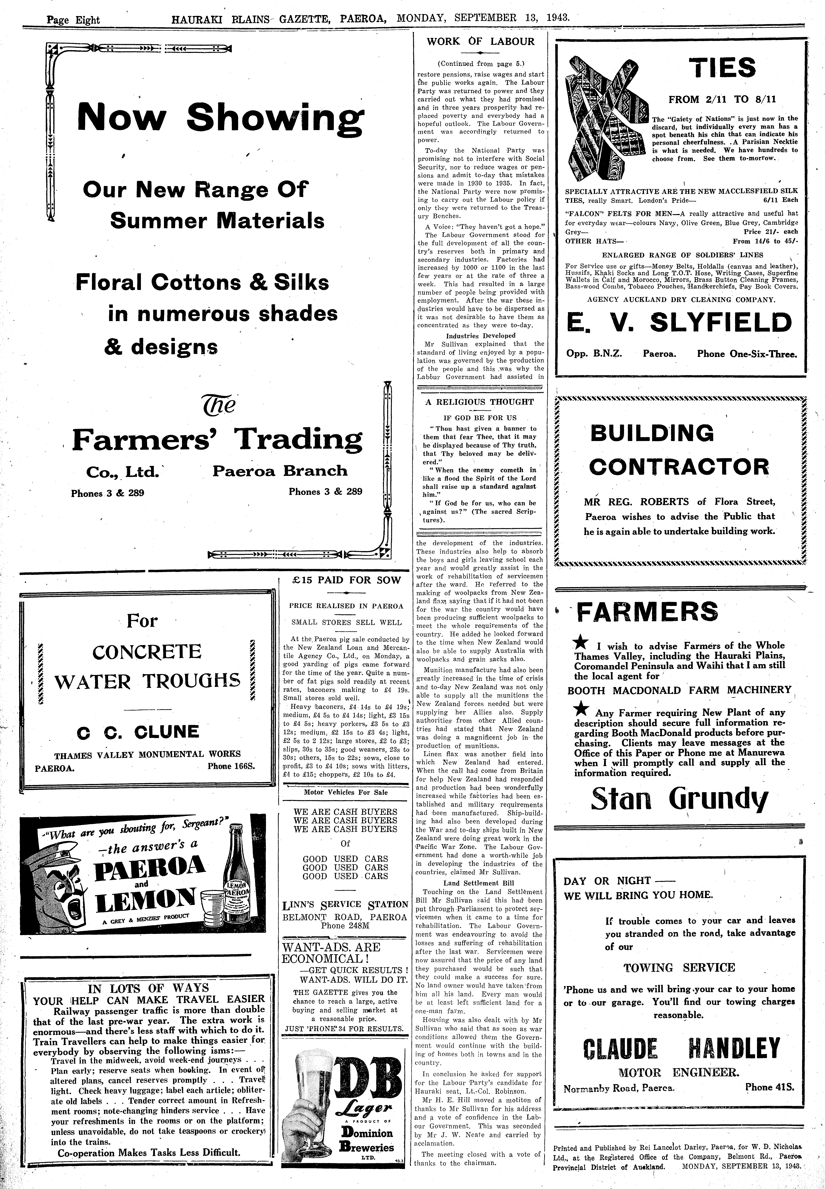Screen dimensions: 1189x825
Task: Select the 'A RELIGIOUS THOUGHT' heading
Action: tap(479, 402)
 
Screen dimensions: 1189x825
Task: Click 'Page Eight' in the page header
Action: tap(73, 20)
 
